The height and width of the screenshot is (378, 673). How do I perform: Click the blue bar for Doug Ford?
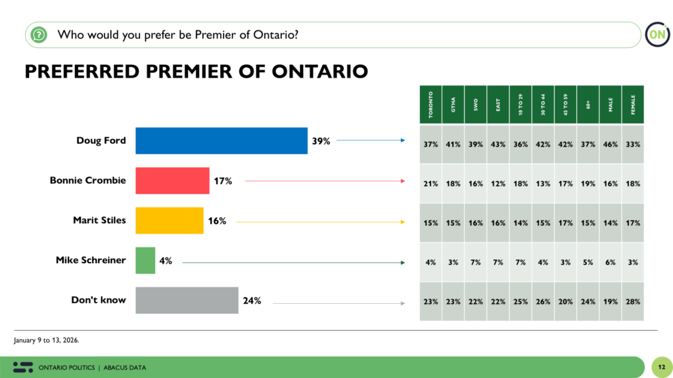click(x=221, y=140)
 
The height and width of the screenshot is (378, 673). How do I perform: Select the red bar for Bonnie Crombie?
click(x=172, y=180)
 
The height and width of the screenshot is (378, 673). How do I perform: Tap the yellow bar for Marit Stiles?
click(x=170, y=220)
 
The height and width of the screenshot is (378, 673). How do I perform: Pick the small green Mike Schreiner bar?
click(x=145, y=261)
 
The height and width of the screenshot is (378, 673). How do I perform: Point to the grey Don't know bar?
click(x=187, y=301)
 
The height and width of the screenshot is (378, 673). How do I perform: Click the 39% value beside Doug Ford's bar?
click(x=321, y=140)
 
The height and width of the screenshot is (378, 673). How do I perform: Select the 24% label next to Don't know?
click(x=252, y=301)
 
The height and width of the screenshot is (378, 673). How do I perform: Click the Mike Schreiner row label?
click(x=91, y=260)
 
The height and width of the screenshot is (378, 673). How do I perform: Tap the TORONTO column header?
click(x=430, y=104)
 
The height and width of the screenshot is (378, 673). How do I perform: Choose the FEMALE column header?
click(x=632, y=104)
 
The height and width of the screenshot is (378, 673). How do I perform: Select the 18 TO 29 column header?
click(x=520, y=104)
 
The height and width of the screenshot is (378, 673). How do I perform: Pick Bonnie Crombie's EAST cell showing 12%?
click(x=498, y=183)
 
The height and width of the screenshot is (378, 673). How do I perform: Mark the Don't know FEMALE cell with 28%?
click(x=633, y=301)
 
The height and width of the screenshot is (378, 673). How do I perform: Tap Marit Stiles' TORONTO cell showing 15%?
click(x=430, y=223)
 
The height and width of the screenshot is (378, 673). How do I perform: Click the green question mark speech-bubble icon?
click(x=39, y=34)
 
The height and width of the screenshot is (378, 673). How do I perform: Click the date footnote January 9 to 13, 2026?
click(x=47, y=340)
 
